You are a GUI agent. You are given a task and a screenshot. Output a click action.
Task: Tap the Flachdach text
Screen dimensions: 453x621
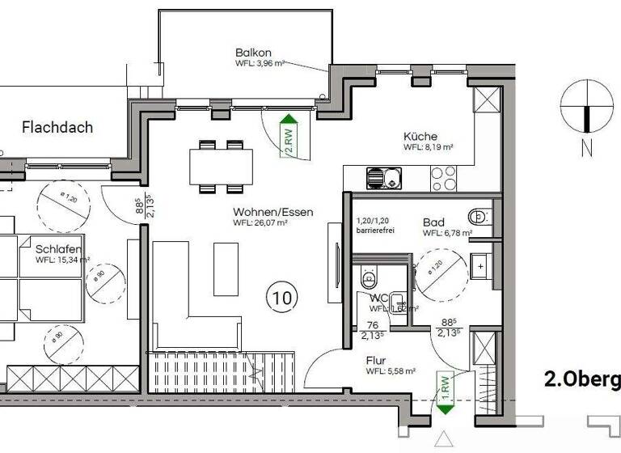[57, 127]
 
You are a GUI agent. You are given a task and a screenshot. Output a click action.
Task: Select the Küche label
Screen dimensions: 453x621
[420, 137]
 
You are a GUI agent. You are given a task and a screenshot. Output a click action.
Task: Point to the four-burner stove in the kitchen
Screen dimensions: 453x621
[443, 174]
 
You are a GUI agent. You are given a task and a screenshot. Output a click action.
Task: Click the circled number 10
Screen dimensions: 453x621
[281, 298]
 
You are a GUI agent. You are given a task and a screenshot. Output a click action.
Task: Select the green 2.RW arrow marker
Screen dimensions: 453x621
[287, 137]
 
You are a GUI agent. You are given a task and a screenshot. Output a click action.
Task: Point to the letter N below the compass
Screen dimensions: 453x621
[586, 148]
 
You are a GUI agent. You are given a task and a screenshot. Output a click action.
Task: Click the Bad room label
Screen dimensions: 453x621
[435, 222]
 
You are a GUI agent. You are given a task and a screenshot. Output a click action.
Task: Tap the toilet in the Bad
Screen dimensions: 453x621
[478, 215]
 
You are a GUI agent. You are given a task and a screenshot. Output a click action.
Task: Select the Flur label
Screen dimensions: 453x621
[375, 361]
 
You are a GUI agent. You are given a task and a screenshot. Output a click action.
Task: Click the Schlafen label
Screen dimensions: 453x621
[57, 249]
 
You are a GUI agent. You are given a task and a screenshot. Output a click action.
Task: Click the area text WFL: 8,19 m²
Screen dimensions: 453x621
[428, 149]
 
